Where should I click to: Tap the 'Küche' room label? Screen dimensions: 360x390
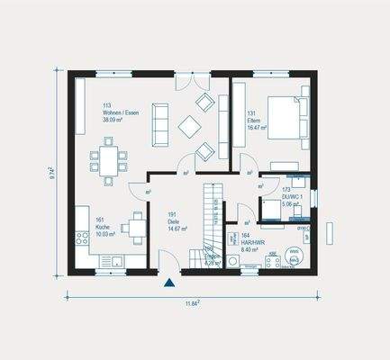(x=102, y=226)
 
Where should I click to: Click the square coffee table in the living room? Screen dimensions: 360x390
(x=191, y=126)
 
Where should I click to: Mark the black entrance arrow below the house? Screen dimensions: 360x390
(x=168, y=283)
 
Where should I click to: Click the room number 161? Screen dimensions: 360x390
(x=100, y=219)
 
